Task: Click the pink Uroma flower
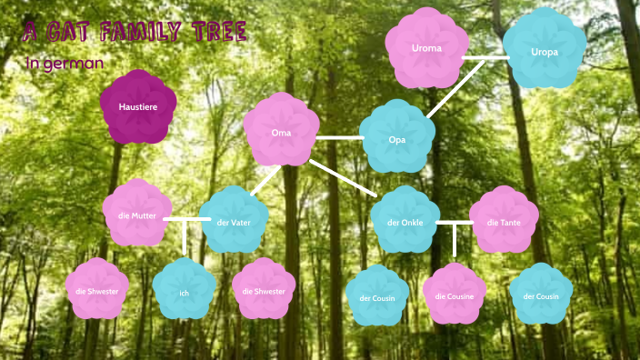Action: click(425, 47)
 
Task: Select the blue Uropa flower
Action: click(545, 52)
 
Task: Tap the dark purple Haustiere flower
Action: click(138, 107)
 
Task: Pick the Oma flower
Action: click(281, 132)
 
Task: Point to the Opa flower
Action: click(396, 139)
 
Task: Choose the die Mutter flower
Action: click(137, 215)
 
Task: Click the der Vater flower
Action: click(234, 222)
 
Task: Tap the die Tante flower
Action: click(504, 221)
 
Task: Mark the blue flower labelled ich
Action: click(184, 292)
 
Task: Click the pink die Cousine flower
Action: click(455, 295)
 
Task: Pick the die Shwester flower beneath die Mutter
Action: click(97, 290)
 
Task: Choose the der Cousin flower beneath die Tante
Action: click(540, 295)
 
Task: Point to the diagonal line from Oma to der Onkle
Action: click(344, 178)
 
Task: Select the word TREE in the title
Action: click(218, 34)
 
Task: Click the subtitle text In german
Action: click(65, 64)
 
